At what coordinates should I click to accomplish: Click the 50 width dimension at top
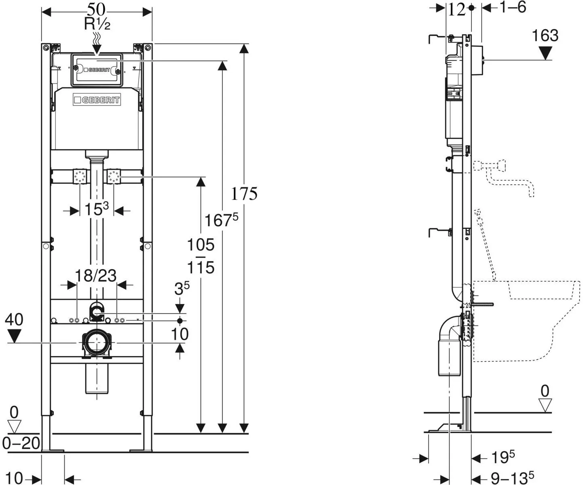(x=96, y=10)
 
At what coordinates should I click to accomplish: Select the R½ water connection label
(x=97, y=24)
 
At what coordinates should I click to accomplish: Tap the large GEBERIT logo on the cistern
(x=97, y=100)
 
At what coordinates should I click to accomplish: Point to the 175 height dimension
(x=244, y=194)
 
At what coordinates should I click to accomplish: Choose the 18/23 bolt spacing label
(x=95, y=275)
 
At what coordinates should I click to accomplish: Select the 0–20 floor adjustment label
(x=21, y=443)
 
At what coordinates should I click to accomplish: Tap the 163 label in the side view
(x=545, y=36)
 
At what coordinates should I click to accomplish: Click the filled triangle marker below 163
(x=545, y=53)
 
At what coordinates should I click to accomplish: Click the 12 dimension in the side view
(x=456, y=10)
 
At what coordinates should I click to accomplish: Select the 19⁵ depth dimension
(x=503, y=457)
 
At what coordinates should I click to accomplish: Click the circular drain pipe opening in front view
(x=97, y=343)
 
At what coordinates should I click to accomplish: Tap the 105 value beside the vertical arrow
(x=201, y=245)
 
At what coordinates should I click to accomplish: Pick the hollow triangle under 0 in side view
(x=545, y=405)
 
